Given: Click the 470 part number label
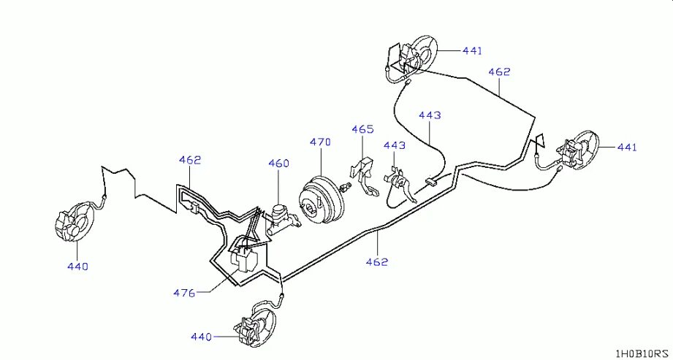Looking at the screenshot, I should (x=320, y=142).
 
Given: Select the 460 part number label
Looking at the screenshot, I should (x=278, y=163).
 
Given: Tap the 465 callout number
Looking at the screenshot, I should (x=362, y=129).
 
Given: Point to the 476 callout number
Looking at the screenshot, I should (x=184, y=293).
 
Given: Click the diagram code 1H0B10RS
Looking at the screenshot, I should (x=641, y=353).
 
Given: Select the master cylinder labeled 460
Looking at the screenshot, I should (x=280, y=218).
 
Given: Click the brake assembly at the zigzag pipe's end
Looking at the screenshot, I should (x=73, y=223).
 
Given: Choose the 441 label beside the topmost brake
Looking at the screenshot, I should (x=472, y=50).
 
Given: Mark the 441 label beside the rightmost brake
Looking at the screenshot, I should (x=626, y=147).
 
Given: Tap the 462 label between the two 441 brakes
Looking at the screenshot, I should (x=499, y=72).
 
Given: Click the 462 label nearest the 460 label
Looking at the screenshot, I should (x=189, y=159).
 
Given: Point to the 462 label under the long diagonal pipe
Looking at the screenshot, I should (x=377, y=261).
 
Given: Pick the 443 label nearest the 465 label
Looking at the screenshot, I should (x=394, y=146).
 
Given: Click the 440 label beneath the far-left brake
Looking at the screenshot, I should (x=77, y=267).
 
